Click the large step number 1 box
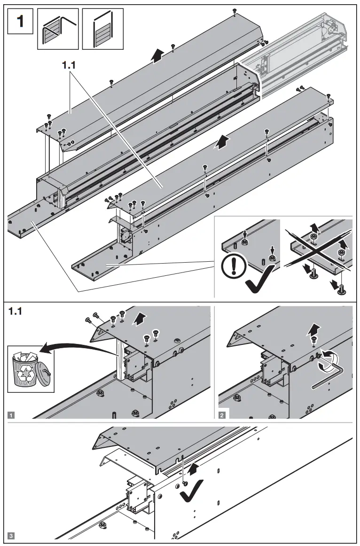[20, 21]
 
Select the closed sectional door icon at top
[102, 29]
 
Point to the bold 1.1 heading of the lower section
[17, 311]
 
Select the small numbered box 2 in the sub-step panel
[222, 414]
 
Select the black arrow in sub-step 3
[192, 468]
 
